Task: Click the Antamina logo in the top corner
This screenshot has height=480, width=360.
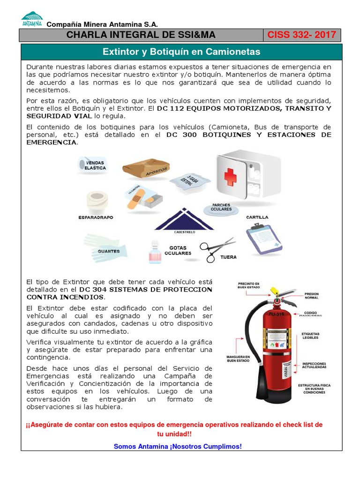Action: pyautogui.click(x=32, y=19)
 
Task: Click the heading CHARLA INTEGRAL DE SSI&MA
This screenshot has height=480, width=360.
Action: pyautogui.click(x=140, y=35)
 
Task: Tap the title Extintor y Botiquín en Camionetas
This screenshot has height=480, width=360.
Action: pyautogui.click(x=181, y=52)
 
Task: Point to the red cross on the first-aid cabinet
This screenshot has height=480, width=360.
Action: pyautogui.click(x=230, y=177)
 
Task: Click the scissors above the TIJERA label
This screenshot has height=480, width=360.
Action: pyautogui.click(x=217, y=248)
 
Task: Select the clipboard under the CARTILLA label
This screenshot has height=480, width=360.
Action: pyautogui.click(x=264, y=239)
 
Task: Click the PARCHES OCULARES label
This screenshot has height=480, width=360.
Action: pyautogui.click(x=221, y=207)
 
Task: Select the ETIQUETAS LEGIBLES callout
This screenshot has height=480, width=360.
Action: pyautogui.click(x=310, y=336)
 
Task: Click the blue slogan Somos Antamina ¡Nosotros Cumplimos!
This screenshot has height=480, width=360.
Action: pyautogui.click(x=178, y=446)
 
